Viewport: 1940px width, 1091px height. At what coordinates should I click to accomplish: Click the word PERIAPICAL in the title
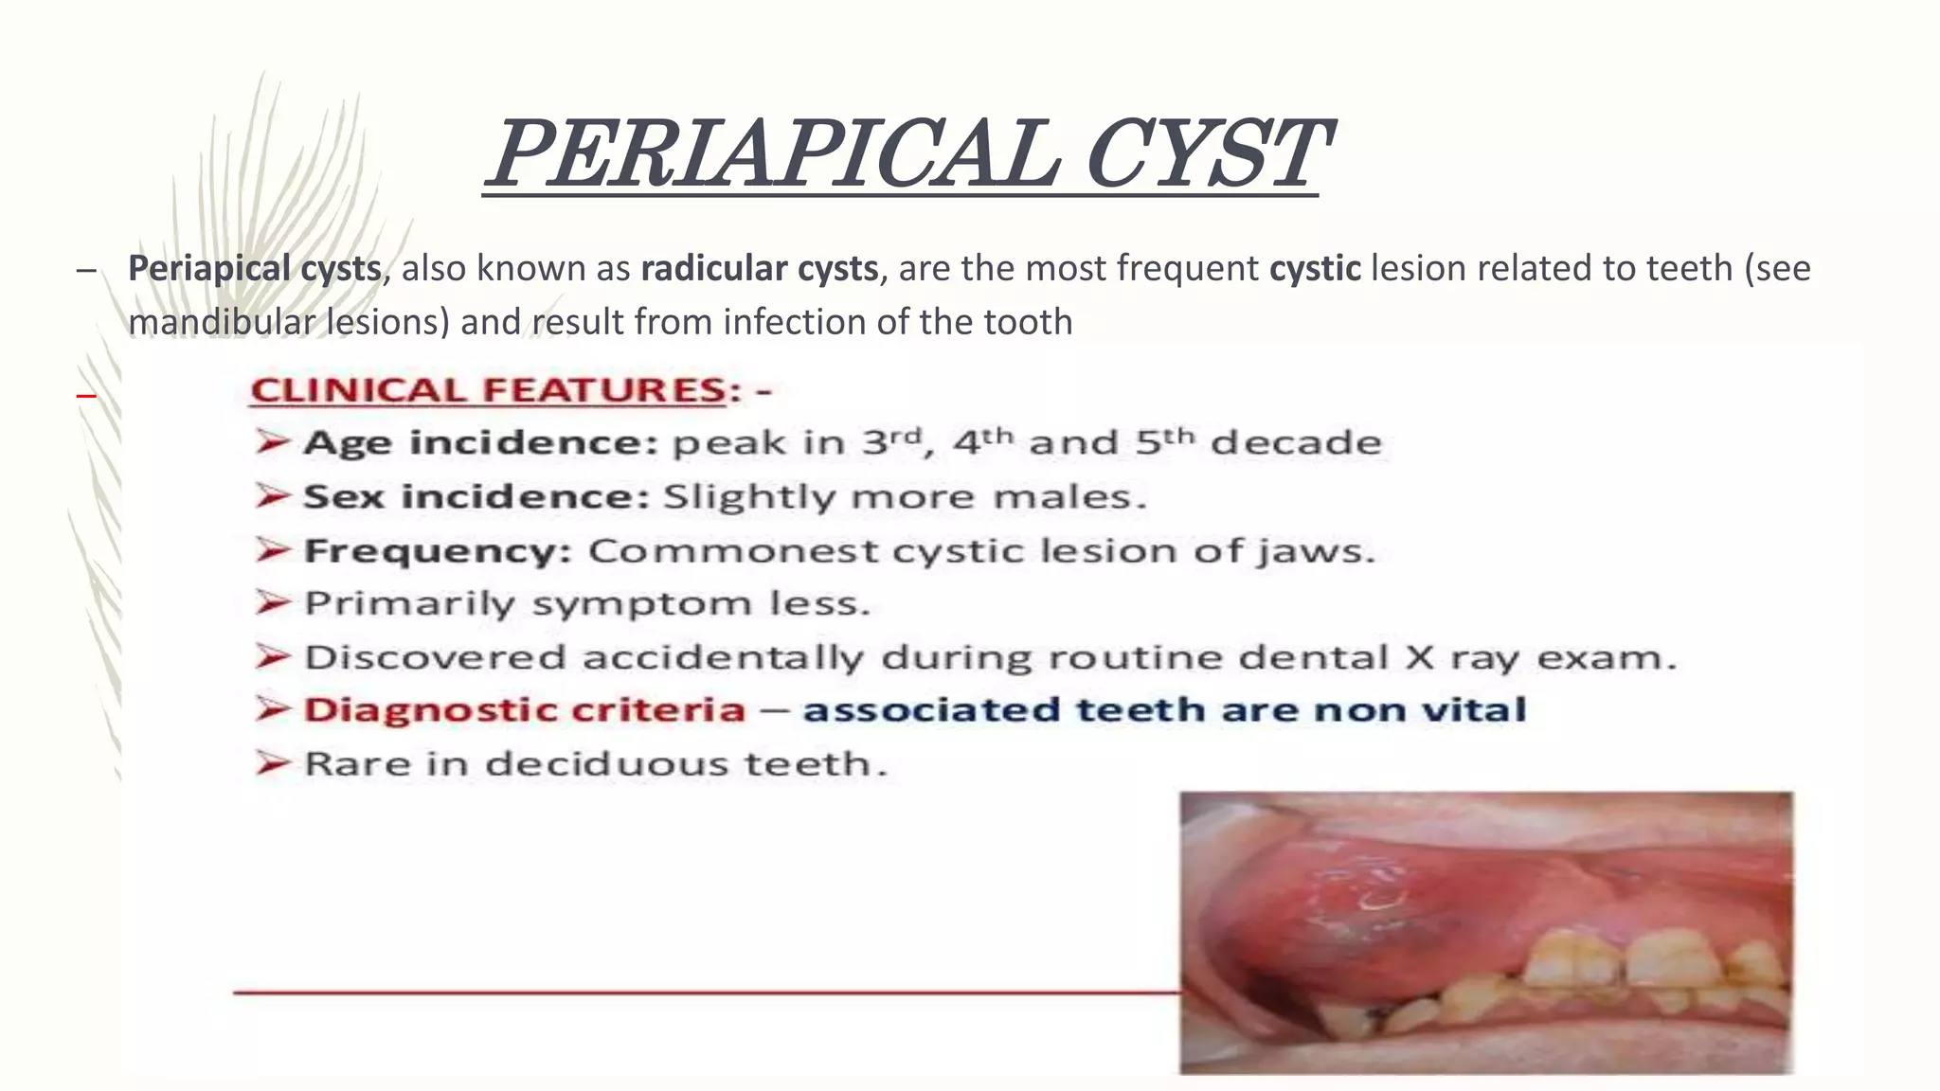pyautogui.click(x=772, y=154)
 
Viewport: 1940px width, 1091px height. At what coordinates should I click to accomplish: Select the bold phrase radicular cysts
pyautogui.click(x=760, y=269)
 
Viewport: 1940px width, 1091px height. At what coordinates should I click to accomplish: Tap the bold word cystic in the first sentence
pyautogui.click(x=1315, y=269)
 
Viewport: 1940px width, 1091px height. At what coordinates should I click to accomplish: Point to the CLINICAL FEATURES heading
pyautogui.click(x=488, y=390)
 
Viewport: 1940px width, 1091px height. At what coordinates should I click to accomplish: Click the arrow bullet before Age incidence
pyautogui.click(x=272, y=441)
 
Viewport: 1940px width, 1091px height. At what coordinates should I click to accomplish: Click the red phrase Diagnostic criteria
pyautogui.click(x=525, y=710)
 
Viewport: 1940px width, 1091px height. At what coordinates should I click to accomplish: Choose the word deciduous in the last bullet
pyautogui.click(x=607, y=763)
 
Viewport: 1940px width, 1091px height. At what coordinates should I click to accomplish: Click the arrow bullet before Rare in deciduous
pyautogui.click(x=272, y=763)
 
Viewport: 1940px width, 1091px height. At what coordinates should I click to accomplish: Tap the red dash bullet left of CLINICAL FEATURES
pyautogui.click(x=86, y=394)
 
